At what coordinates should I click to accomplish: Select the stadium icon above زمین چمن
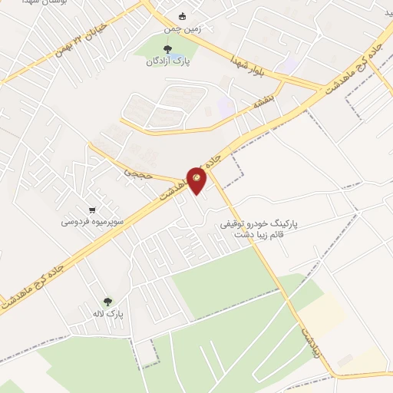click(182, 17)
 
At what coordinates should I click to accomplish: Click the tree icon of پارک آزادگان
click(167, 51)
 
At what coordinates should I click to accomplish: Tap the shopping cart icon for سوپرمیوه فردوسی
click(92, 210)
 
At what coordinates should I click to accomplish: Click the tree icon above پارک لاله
click(107, 302)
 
